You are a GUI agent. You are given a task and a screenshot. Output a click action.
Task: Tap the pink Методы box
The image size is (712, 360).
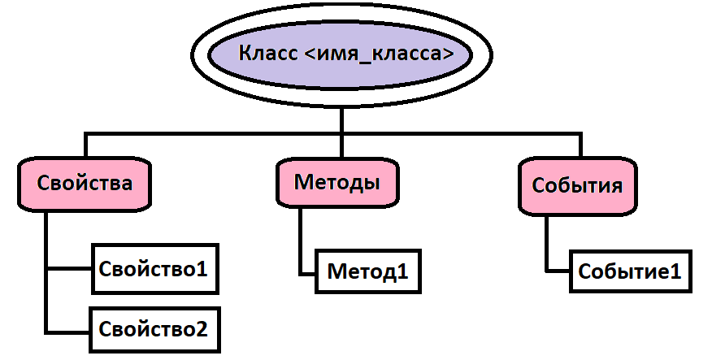click(x=336, y=181)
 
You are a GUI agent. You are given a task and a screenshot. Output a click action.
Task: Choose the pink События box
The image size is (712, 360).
click(x=577, y=184)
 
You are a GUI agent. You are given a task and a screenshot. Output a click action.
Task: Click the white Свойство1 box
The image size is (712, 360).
click(x=154, y=268)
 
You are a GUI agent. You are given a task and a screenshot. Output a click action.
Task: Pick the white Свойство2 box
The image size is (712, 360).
click(x=154, y=329)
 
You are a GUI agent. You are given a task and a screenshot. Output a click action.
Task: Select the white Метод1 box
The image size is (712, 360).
click(x=367, y=270)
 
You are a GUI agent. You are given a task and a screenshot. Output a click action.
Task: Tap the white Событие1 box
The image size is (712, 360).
click(x=628, y=271)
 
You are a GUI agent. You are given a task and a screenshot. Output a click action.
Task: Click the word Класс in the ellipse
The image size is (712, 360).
click(x=265, y=55)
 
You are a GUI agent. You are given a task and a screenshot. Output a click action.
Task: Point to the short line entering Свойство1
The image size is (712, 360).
click(x=69, y=268)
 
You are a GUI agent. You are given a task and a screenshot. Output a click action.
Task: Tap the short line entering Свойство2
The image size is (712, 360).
click(x=69, y=330)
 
